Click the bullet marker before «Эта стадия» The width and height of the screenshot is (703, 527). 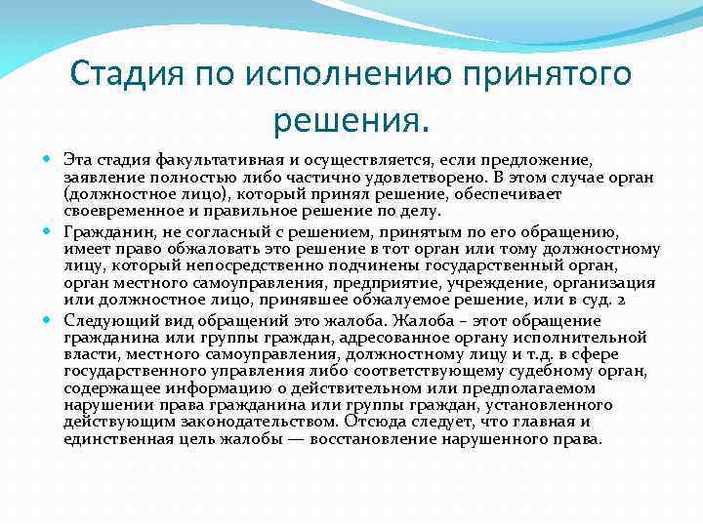click(x=51, y=158)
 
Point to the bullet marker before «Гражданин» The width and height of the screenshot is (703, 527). click(x=51, y=231)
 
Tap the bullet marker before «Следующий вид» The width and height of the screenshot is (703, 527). click(x=51, y=320)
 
